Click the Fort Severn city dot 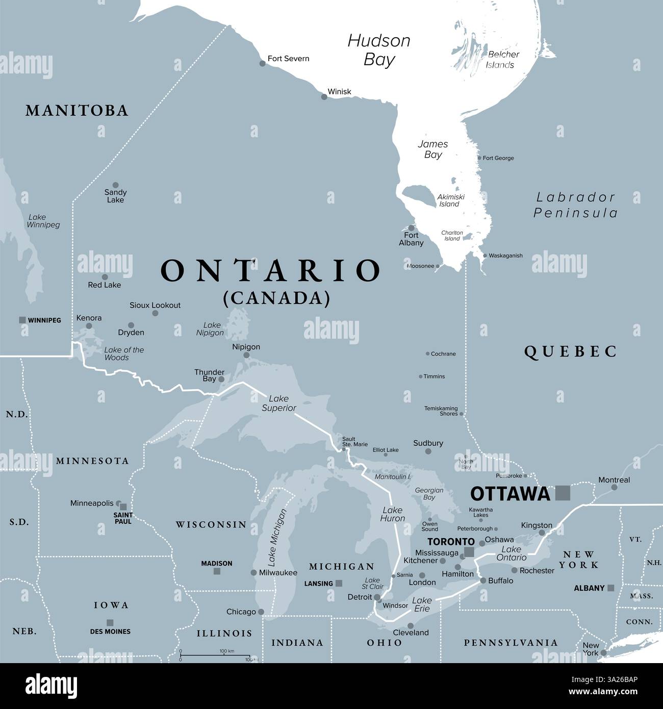click(263, 63)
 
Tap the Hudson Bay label click(379, 50)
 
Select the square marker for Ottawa click(563, 492)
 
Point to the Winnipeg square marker click(22, 320)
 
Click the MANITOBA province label click(77, 110)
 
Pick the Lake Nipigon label click(210, 329)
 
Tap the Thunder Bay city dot click(221, 379)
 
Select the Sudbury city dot click(428, 451)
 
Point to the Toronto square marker click(469, 552)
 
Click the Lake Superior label click(279, 403)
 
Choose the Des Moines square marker click(110, 622)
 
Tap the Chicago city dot click(261, 612)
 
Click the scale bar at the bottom click(215, 655)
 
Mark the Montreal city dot click(614, 487)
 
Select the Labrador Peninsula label click(575, 205)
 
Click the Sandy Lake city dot click(115, 185)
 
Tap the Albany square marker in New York click(610, 588)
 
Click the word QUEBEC click(571, 351)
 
